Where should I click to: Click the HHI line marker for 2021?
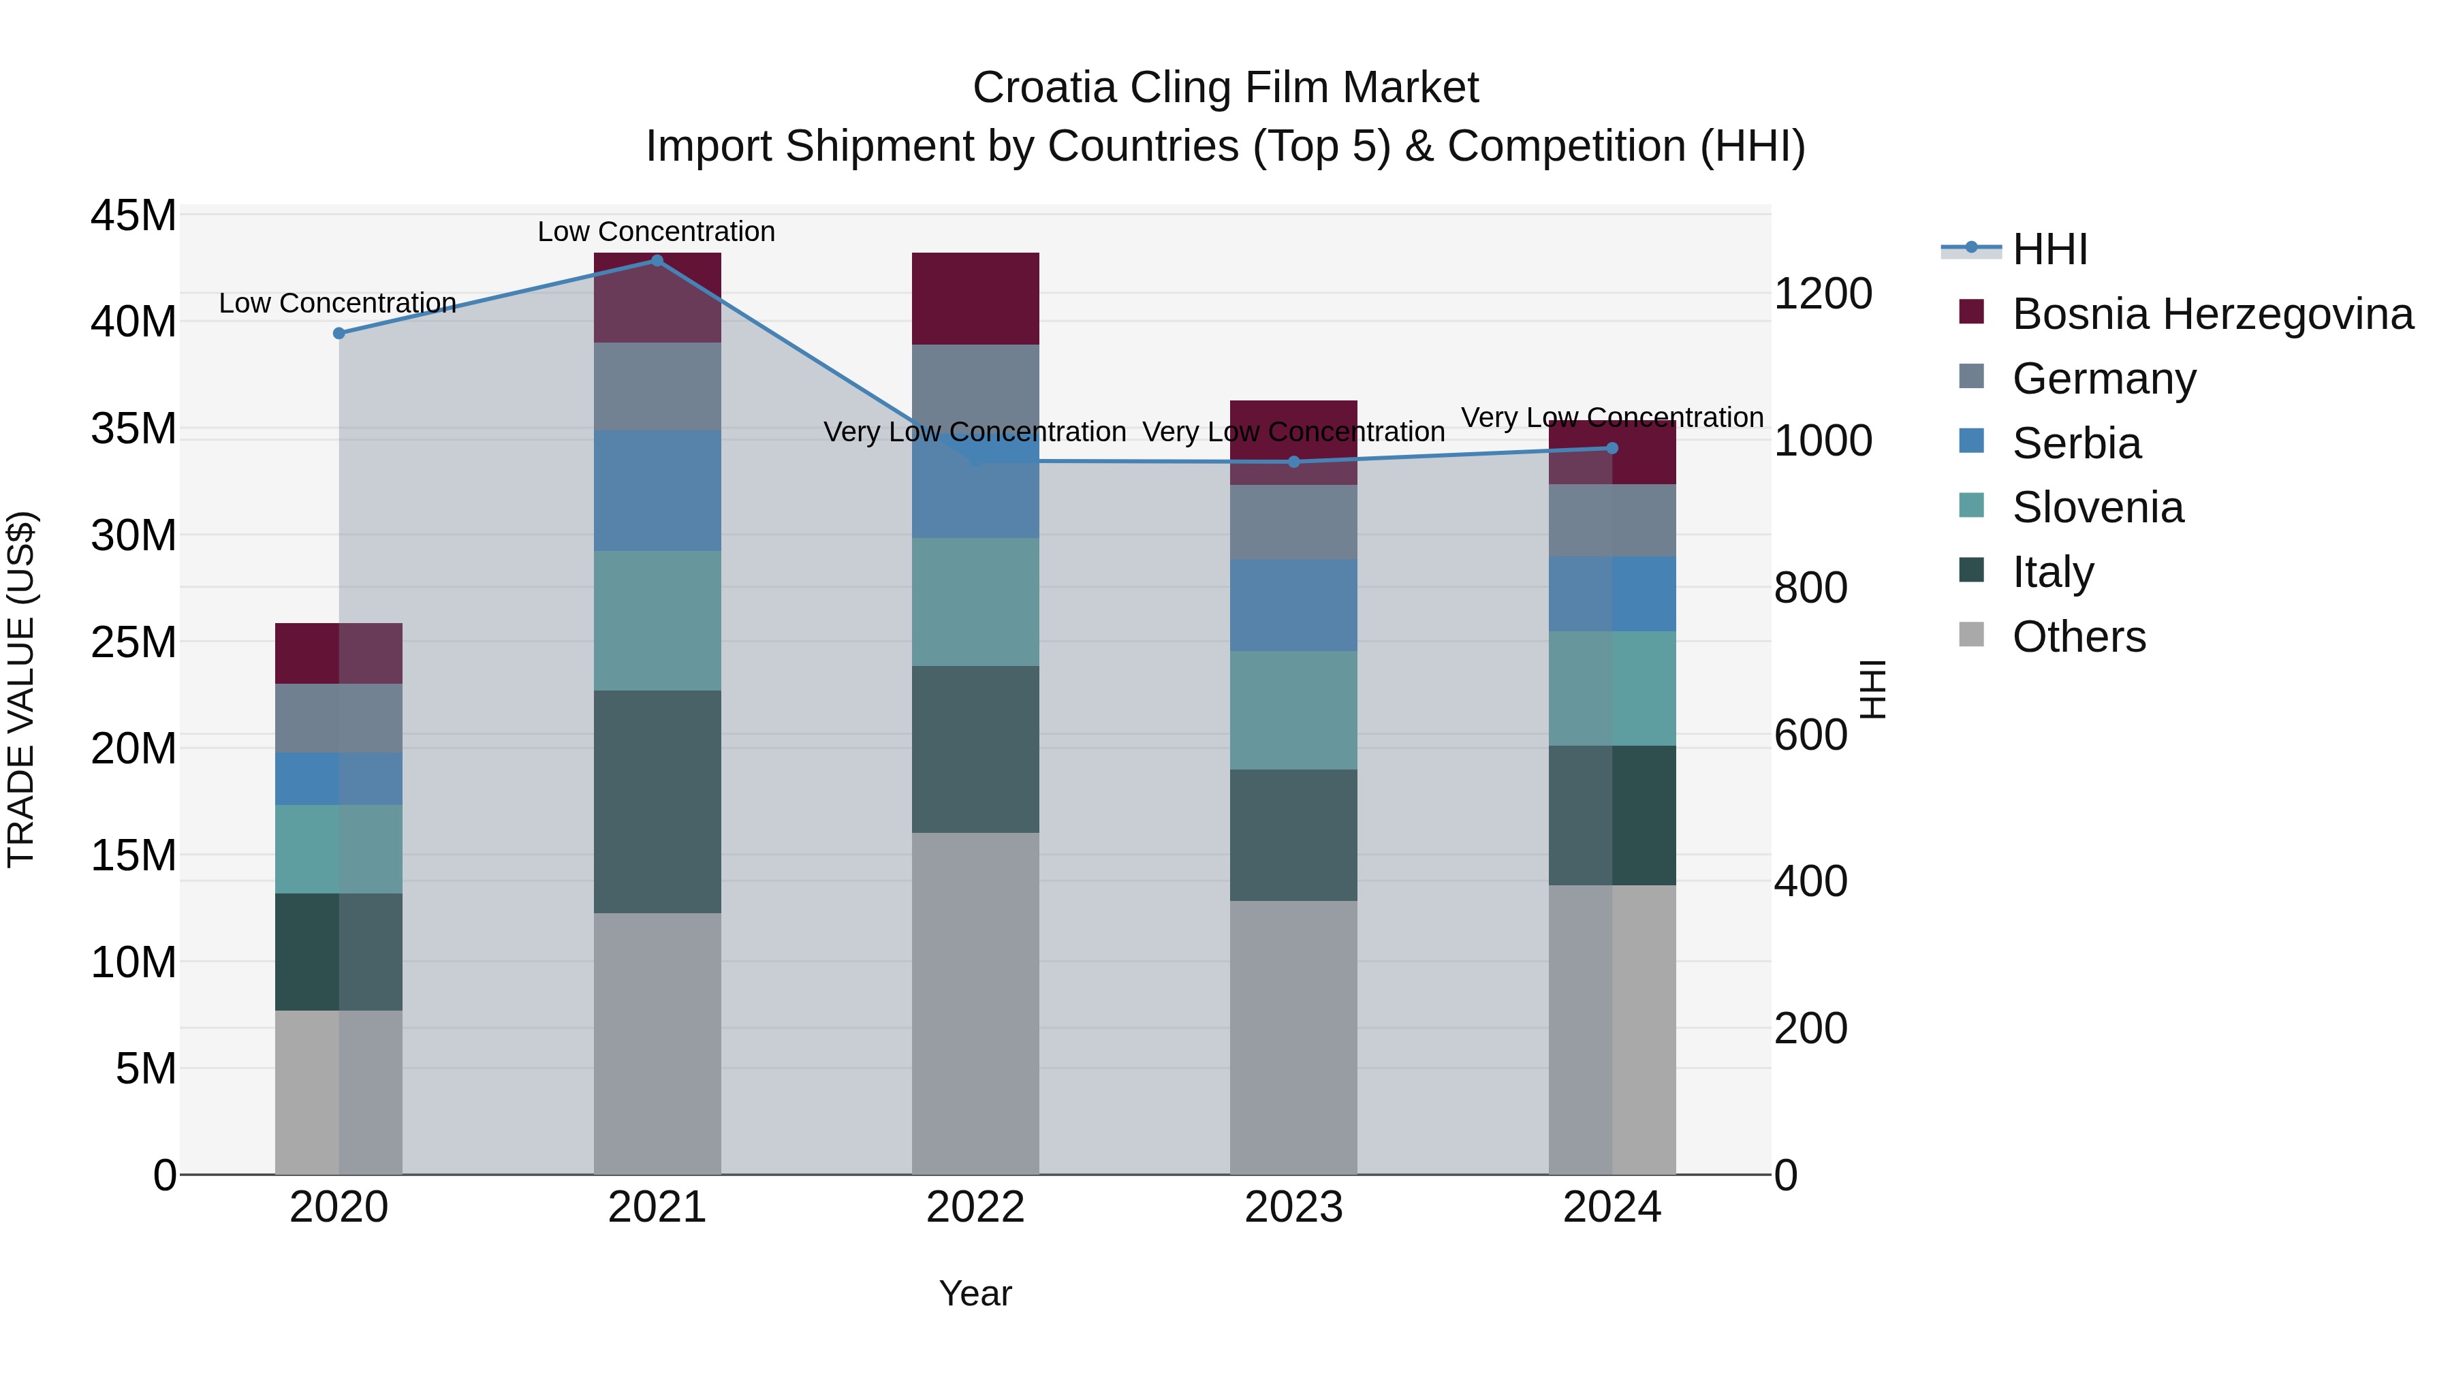[657, 261]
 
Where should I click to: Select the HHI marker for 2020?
[339, 333]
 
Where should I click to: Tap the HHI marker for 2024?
[1612, 448]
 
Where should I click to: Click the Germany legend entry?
[2104, 379]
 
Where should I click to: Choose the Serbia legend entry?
[2076, 443]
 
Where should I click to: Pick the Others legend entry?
[2078, 637]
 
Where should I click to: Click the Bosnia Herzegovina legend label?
[2212, 314]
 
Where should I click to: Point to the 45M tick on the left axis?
[133, 216]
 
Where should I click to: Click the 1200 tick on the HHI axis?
[1823, 294]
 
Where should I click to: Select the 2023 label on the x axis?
[1293, 1207]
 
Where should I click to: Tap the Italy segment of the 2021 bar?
[657, 802]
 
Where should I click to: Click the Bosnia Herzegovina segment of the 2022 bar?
[975, 298]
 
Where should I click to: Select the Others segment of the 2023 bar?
[1293, 1037]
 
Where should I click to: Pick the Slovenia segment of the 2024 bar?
[1612, 688]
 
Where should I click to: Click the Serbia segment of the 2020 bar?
[339, 778]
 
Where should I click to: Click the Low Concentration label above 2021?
[656, 232]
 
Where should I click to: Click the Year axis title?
[975, 1293]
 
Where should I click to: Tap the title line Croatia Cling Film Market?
[1225, 88]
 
